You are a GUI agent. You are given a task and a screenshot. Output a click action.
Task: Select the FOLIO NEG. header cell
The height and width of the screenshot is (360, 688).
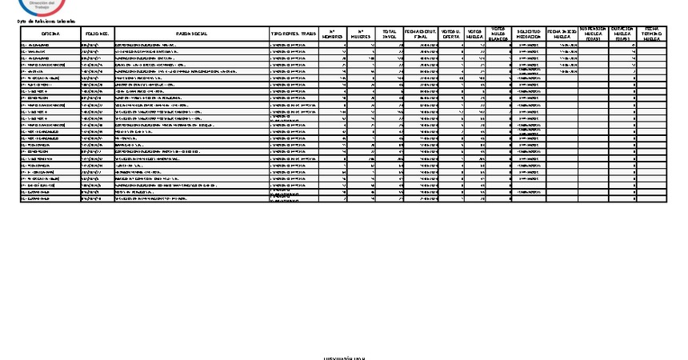(98, 35)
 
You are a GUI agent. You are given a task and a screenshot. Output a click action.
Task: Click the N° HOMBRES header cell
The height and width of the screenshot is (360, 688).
(333, 34)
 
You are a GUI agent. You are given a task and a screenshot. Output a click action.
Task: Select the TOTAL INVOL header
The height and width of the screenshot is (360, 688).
(390, 34)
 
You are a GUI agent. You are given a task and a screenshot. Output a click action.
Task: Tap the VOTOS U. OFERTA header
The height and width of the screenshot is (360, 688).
(451, 34)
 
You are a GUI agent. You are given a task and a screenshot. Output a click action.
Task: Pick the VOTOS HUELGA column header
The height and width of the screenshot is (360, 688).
(475, 34)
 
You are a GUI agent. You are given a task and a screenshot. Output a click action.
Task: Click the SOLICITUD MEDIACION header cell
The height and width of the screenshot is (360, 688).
(527, 34)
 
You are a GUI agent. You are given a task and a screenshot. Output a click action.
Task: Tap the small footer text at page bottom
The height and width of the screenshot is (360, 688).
(344, 358)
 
